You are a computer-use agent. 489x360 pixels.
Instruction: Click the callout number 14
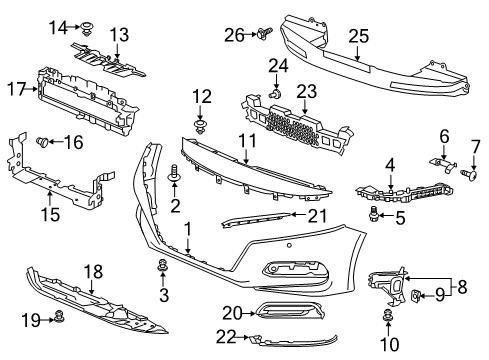coord(58,27)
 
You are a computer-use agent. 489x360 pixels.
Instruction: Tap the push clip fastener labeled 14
coord(88,28)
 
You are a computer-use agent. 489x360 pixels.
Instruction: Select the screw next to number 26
coord(265,33)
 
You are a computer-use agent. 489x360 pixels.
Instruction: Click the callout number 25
coord(359,36)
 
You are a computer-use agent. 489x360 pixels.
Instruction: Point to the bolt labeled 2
coord(174,173)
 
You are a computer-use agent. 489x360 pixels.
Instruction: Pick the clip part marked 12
coord(199,126)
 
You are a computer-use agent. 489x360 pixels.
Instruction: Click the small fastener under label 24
coord(275,94)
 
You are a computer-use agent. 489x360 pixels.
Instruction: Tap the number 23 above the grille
coord(307,91)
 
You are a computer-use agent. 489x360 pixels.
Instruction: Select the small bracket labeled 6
coord(443,165)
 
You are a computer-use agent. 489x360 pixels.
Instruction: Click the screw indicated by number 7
coord(469,174)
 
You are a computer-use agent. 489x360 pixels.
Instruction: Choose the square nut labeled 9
coord(415,294)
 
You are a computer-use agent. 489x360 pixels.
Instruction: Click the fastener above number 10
coord(387,315)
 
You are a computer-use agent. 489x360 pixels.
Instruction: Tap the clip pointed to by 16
coord(43,142)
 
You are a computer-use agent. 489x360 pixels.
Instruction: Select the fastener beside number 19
coord(59,316)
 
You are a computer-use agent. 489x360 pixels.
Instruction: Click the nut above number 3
coord(163,265)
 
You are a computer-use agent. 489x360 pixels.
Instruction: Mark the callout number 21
coord(317,216)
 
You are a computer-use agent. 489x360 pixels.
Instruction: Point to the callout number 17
coord(17,89)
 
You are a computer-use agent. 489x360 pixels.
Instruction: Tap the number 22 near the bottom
coord(226,337)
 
